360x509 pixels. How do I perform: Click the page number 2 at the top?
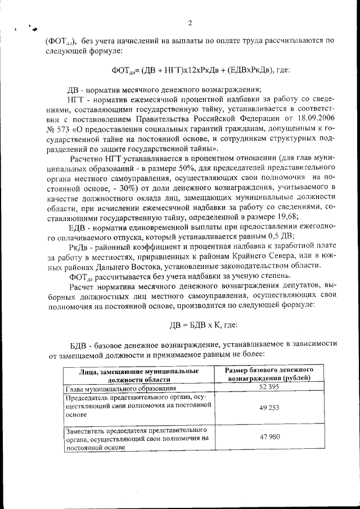[x=190, y=23]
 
